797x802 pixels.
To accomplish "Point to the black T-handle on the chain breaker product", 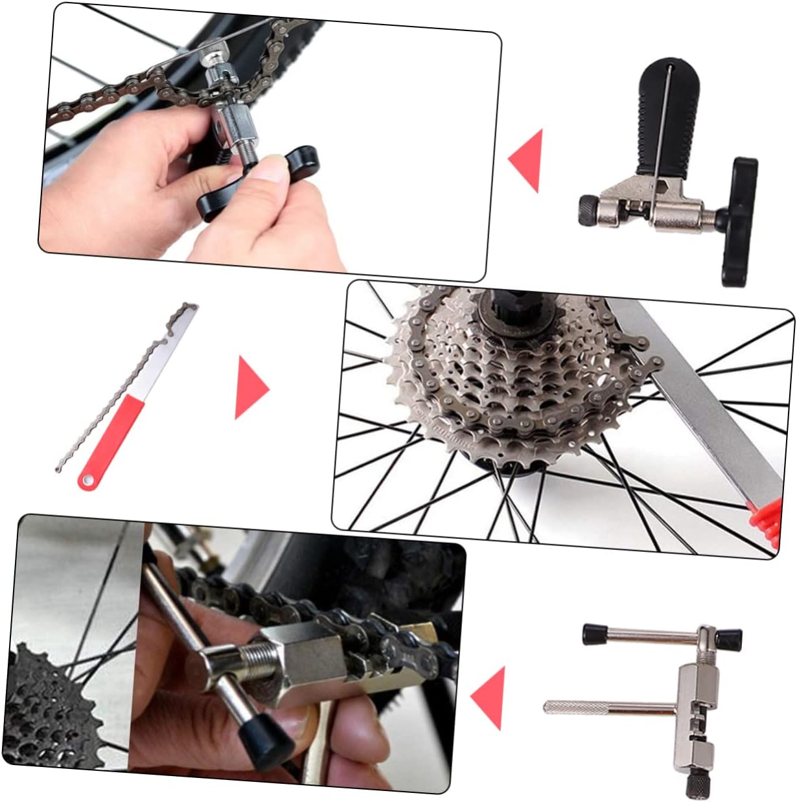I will [x=739, y=221].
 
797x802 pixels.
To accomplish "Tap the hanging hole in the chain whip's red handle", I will [x=86, y=480].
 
